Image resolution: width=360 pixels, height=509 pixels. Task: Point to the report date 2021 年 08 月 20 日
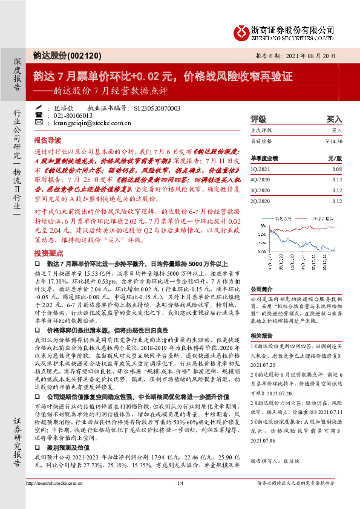pos(310,55)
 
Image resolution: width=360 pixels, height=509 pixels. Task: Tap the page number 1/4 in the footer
pos(180,499)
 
